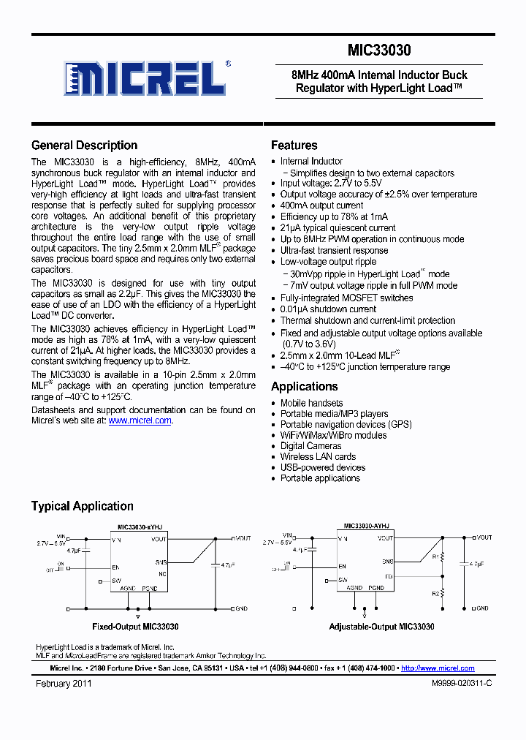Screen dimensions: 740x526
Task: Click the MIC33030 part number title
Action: pos(379,50)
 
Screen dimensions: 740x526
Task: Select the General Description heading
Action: pos(84,145)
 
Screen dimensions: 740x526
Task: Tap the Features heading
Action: pos(294,145)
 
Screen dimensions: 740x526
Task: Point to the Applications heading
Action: pos(304,386)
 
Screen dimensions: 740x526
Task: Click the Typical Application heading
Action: pos(82,506)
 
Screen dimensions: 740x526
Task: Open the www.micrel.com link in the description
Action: pos(140,420)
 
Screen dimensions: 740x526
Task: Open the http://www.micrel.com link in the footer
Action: pos(438,668)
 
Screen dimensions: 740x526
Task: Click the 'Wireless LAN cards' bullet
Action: pos(318,456)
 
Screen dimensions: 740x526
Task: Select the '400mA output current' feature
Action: pos(321,205)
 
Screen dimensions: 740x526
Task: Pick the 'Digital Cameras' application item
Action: pos(310,445)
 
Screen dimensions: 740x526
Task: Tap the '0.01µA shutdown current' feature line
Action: pos(328,309)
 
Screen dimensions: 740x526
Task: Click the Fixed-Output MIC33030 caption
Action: pos(135,627)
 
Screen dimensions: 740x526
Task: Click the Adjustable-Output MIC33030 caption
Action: pos(381,627)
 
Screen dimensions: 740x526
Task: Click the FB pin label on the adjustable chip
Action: pos(389,576)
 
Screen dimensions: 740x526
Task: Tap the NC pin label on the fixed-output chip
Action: pos(163,573)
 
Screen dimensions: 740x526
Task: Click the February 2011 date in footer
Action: pos(64,683)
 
